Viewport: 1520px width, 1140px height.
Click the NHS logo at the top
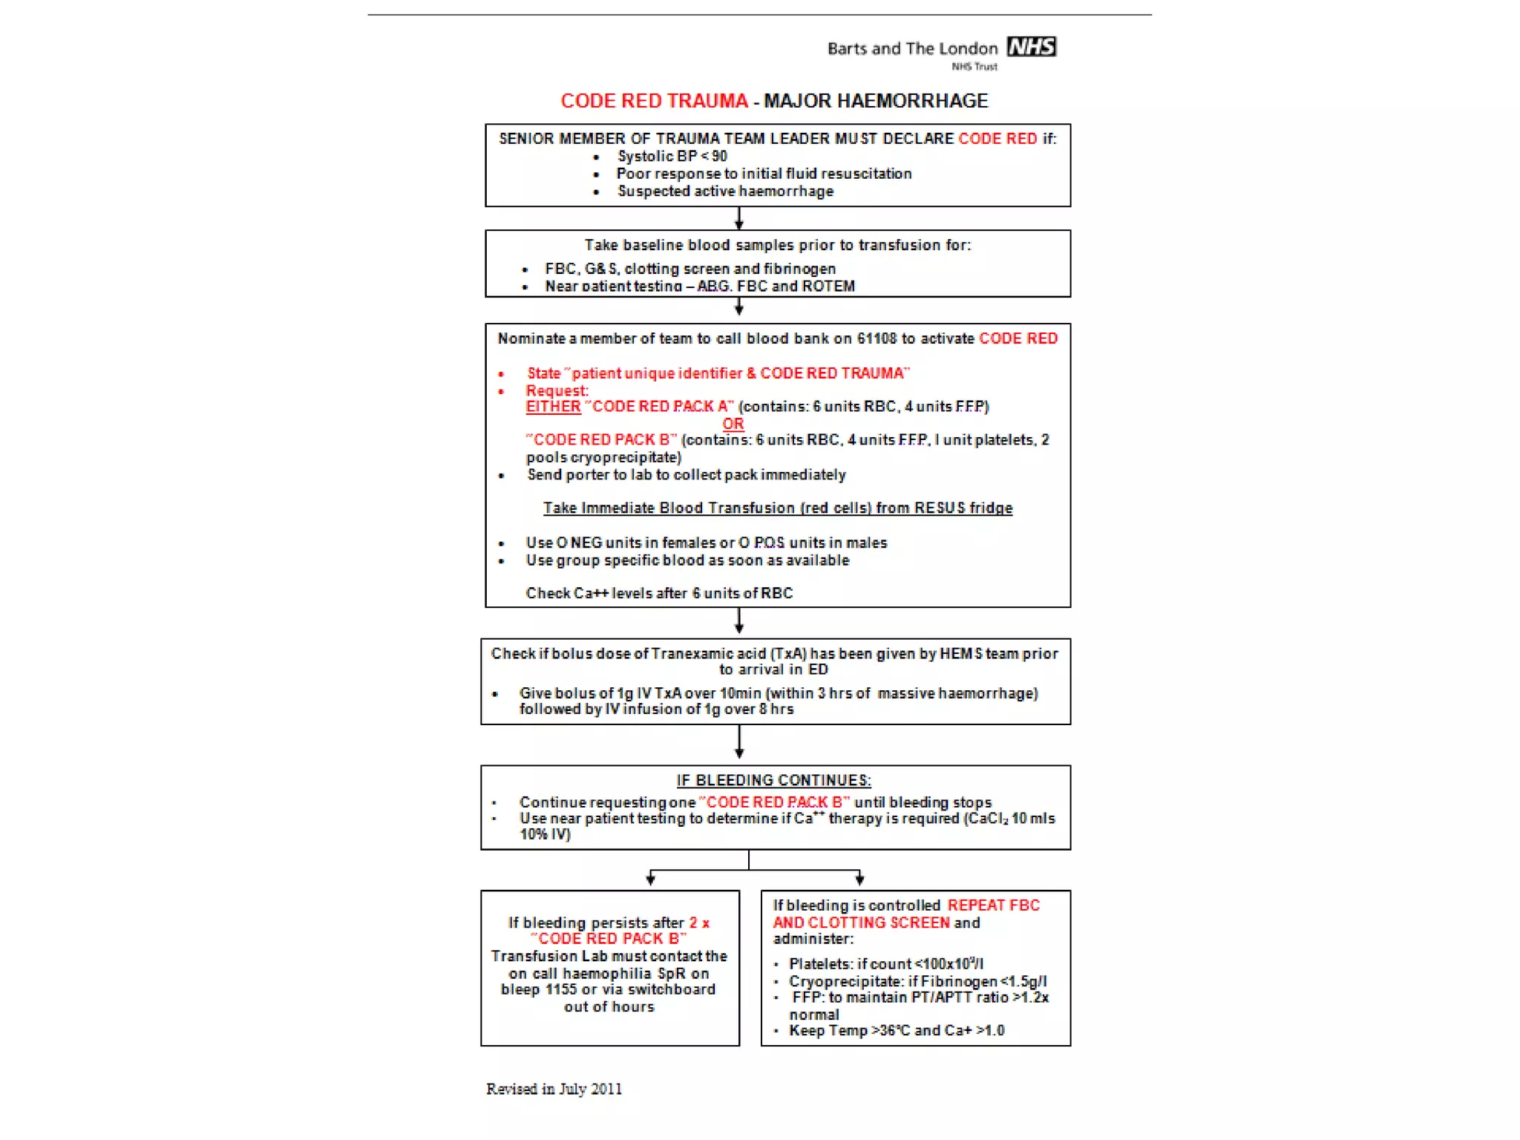click(x=1031, y=47)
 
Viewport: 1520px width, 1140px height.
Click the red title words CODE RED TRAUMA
click(x=654, y=101)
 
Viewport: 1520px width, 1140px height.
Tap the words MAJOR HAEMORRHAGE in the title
click(x=876, y=101)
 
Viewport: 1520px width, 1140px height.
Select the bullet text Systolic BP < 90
click(x=672, y=157)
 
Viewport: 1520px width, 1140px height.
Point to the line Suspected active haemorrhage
click(x=725, y=191)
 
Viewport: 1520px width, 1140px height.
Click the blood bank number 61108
click(x=877, y=338)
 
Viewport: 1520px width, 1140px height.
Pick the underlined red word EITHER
click(x=553, y=407)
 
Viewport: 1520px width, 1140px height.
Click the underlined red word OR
click(x=733, y=424)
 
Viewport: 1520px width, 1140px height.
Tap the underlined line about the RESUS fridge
click(x=777, y=508)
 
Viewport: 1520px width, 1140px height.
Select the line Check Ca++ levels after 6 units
click(x=659, y=593)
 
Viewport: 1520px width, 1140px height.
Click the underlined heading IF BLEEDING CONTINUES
click(x=773, y=781)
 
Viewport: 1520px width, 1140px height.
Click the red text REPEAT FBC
click(x=993, y=905)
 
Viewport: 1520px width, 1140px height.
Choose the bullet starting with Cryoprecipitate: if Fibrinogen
click(x=917, y=981)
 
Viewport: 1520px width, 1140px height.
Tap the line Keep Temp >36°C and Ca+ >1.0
click(x=896, y=1031)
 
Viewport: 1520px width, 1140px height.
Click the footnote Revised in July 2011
click(x=554, y=1089)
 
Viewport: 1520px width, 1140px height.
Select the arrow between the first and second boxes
click(x=738, y=219)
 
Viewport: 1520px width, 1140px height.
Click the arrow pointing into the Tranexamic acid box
click(x=738, y=623)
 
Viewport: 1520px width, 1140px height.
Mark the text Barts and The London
click(x=912, y=49)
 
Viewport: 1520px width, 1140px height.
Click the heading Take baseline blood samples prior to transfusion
click(x=777, y=245)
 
